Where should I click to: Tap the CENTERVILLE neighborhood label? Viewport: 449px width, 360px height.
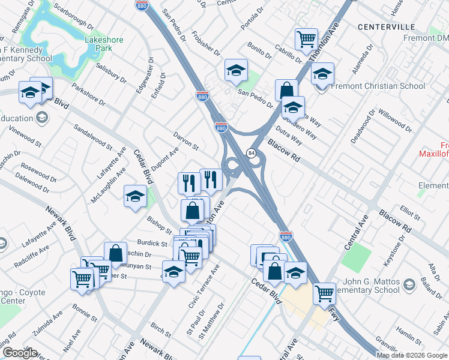[x=386, y=27]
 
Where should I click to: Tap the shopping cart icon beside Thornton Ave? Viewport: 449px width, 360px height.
[x=306, y=40]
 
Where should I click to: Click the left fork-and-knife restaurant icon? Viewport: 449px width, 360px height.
[x=188, y=182]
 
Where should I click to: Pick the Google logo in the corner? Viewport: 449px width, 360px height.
[x=20, y=352]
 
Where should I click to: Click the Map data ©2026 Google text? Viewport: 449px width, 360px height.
[x=412, y=355]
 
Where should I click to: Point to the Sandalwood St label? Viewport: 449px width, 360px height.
[x=93, y=137]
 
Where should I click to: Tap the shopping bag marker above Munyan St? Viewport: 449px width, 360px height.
[x=115, y=253]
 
